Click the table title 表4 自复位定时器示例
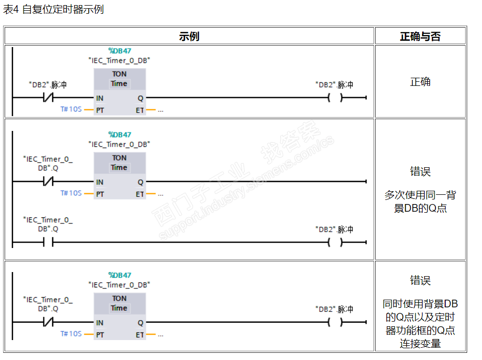(x=53, y=9)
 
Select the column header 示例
(x=189, y=36)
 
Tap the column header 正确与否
(x=420, y=36)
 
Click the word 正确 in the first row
(x=420, y=82)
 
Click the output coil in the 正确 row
(x=335, y=97)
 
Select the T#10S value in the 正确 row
(x=71, y=109)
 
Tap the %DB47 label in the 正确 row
(x=119, y=51)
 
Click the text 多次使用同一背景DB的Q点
(x=420, y=201)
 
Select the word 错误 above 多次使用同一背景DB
(x=420, y=171)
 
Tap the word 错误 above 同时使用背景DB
(x=420, y=280)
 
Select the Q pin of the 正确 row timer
(x=140, y=97)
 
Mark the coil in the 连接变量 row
(x=335, y=322)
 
